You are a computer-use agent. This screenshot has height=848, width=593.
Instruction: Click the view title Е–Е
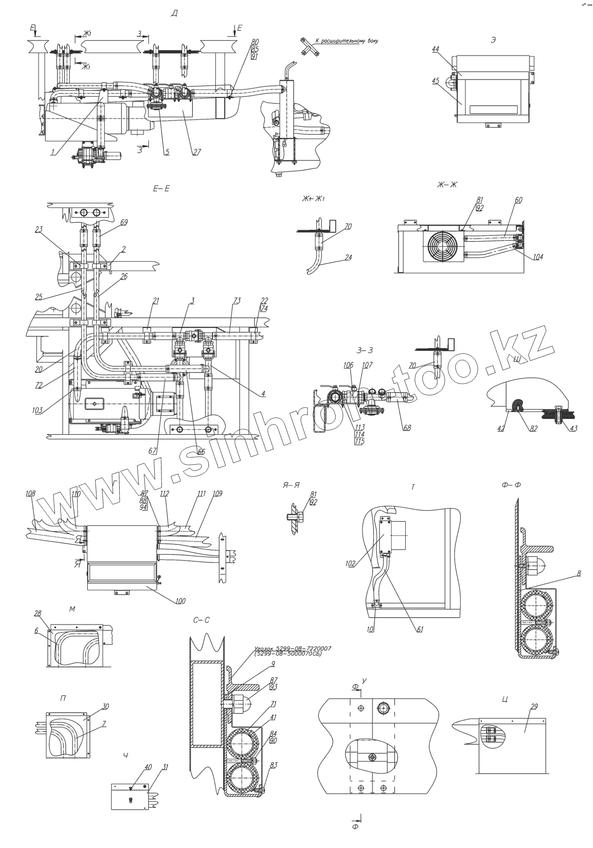(161, 188)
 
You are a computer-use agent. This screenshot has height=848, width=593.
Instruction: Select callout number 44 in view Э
(435, 50)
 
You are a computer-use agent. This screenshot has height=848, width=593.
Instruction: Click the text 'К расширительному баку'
(347, 42)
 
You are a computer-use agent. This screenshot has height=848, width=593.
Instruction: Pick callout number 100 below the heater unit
(180, 601)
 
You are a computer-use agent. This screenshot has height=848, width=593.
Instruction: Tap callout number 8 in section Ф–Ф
(578, 573)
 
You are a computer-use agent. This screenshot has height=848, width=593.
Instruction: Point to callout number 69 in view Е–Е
(124, 222)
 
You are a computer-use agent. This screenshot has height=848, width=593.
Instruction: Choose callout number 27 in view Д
(197, 152)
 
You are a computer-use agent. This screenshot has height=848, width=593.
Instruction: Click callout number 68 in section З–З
(407, 427)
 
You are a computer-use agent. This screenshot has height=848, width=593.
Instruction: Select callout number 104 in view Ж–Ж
(538, 257)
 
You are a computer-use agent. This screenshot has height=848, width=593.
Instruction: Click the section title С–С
(201, 620)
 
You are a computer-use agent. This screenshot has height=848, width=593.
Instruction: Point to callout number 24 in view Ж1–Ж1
(348, 257)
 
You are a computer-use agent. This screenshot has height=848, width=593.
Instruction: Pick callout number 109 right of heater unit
(218, 493)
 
